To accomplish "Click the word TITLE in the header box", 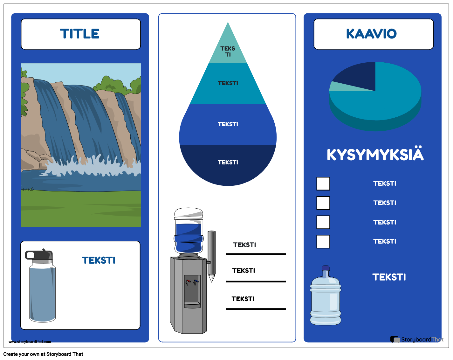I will pos(80,34).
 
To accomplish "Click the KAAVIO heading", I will pos(371,34).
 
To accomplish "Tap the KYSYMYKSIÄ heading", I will pos(375,155).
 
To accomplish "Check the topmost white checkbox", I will pos(323,183).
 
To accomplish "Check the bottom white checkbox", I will pos(323,241).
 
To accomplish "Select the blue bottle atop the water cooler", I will pos(189,232).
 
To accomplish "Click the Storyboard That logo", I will pos(416,340).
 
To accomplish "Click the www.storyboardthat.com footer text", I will pos(30,342).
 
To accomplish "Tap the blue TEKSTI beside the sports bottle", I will pos(99,260).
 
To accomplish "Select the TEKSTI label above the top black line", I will pos(244,245).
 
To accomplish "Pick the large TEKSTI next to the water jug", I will pos(389,277).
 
